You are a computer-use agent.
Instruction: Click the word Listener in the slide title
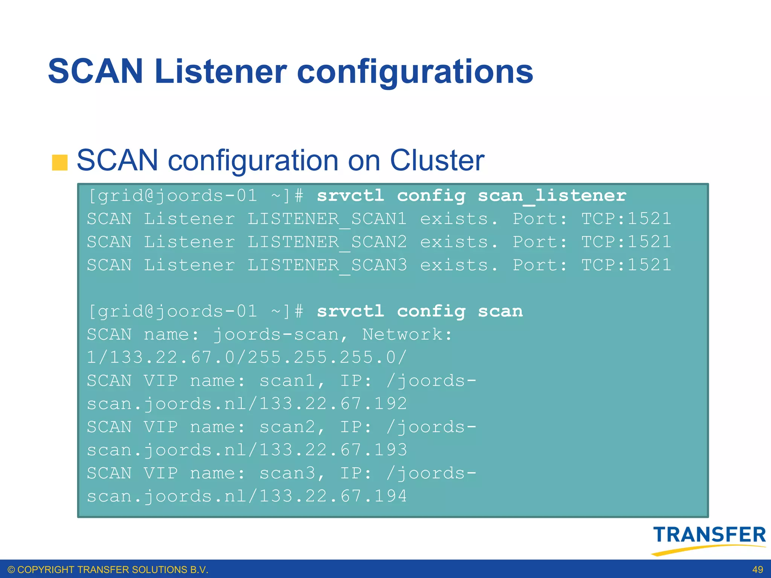click(221, 71)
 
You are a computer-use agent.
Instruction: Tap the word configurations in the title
click(415, 72)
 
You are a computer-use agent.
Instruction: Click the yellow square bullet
click(59, 163)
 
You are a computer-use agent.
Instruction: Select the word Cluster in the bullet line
click(437, 160)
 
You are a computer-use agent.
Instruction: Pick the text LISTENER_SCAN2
click(327, 242)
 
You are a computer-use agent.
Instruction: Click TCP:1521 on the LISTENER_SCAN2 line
click(626, 242)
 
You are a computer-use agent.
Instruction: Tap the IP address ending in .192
click(333, 404)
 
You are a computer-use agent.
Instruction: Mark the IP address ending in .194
click(333, 496)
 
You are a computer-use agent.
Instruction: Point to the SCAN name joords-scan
click(280, 335)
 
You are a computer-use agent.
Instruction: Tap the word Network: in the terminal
click(407, 335)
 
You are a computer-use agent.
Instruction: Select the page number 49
click(757, 570)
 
